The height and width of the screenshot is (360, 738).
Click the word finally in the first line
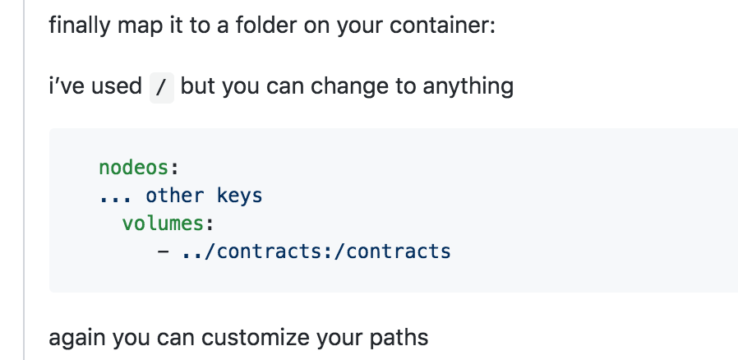pos(79,25)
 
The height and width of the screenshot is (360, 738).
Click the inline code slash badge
pos(161,87)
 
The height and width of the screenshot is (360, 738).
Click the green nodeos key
pos(134,168)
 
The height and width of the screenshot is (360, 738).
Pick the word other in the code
pos(174,196)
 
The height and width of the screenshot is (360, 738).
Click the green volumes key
pos(163,224)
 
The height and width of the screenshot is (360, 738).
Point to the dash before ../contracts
pos(163,252)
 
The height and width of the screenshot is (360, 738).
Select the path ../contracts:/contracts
pos(316,252)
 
